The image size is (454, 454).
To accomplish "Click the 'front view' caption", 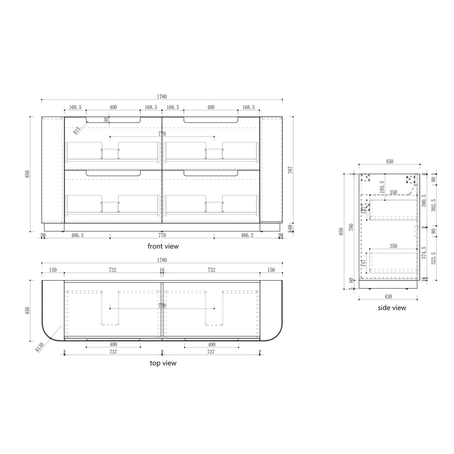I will [163, 246].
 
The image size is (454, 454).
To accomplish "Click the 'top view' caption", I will [163, 363].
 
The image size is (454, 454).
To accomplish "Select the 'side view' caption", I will [392, 308].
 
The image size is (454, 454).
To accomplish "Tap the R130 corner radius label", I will [40, 346].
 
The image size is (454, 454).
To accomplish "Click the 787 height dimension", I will [290, 170].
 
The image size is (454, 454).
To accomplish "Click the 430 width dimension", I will [388, 296].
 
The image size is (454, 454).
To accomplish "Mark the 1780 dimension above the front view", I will [162, 96].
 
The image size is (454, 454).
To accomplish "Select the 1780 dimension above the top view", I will [162, 260].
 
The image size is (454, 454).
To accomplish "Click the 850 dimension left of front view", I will [27, 174].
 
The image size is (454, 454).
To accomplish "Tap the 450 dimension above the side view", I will [389, 161].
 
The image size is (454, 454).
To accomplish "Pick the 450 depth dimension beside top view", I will [27, 311].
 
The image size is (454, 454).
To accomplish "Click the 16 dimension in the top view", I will [162, 270].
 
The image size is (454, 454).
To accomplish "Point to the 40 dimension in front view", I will [106, 120].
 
